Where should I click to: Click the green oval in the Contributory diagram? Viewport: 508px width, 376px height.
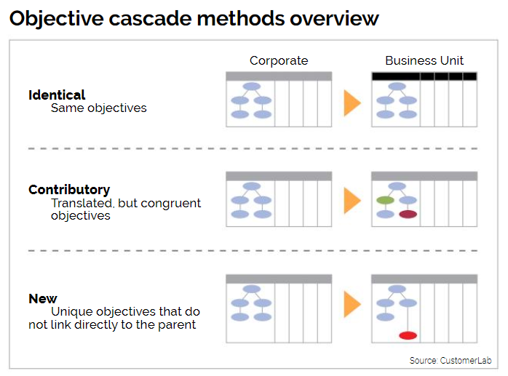click(385, 200)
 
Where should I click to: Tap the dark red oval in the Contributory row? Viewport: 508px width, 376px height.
click(408, 214)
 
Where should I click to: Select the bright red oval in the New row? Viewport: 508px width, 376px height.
click(408, 335)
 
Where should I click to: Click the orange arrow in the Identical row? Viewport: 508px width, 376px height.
click(352, 103)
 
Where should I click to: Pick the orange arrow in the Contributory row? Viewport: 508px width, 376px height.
click(352, 201)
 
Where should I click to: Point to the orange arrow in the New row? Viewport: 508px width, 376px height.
click(352, 304)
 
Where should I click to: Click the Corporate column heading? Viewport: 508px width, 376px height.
click(279, 61)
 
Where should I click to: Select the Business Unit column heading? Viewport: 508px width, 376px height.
click(424, 60)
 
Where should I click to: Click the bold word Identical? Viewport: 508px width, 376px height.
click(57, 95)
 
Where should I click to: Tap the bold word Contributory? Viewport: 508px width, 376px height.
click(69, 190)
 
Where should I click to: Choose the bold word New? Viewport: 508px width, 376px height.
click(43, 299)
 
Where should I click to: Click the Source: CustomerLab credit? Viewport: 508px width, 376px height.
click(451, 361)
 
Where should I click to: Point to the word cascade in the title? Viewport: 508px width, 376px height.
click(151, 18)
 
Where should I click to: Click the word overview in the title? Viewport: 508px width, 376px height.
click(334, 18)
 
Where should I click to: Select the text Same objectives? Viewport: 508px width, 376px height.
click(99, 108)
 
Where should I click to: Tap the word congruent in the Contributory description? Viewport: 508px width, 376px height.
click(171, 204)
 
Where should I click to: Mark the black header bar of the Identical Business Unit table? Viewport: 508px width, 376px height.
click(424, 76)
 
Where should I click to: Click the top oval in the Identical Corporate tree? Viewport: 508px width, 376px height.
click(251, 86)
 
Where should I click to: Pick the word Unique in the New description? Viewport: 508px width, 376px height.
click(72, 311)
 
